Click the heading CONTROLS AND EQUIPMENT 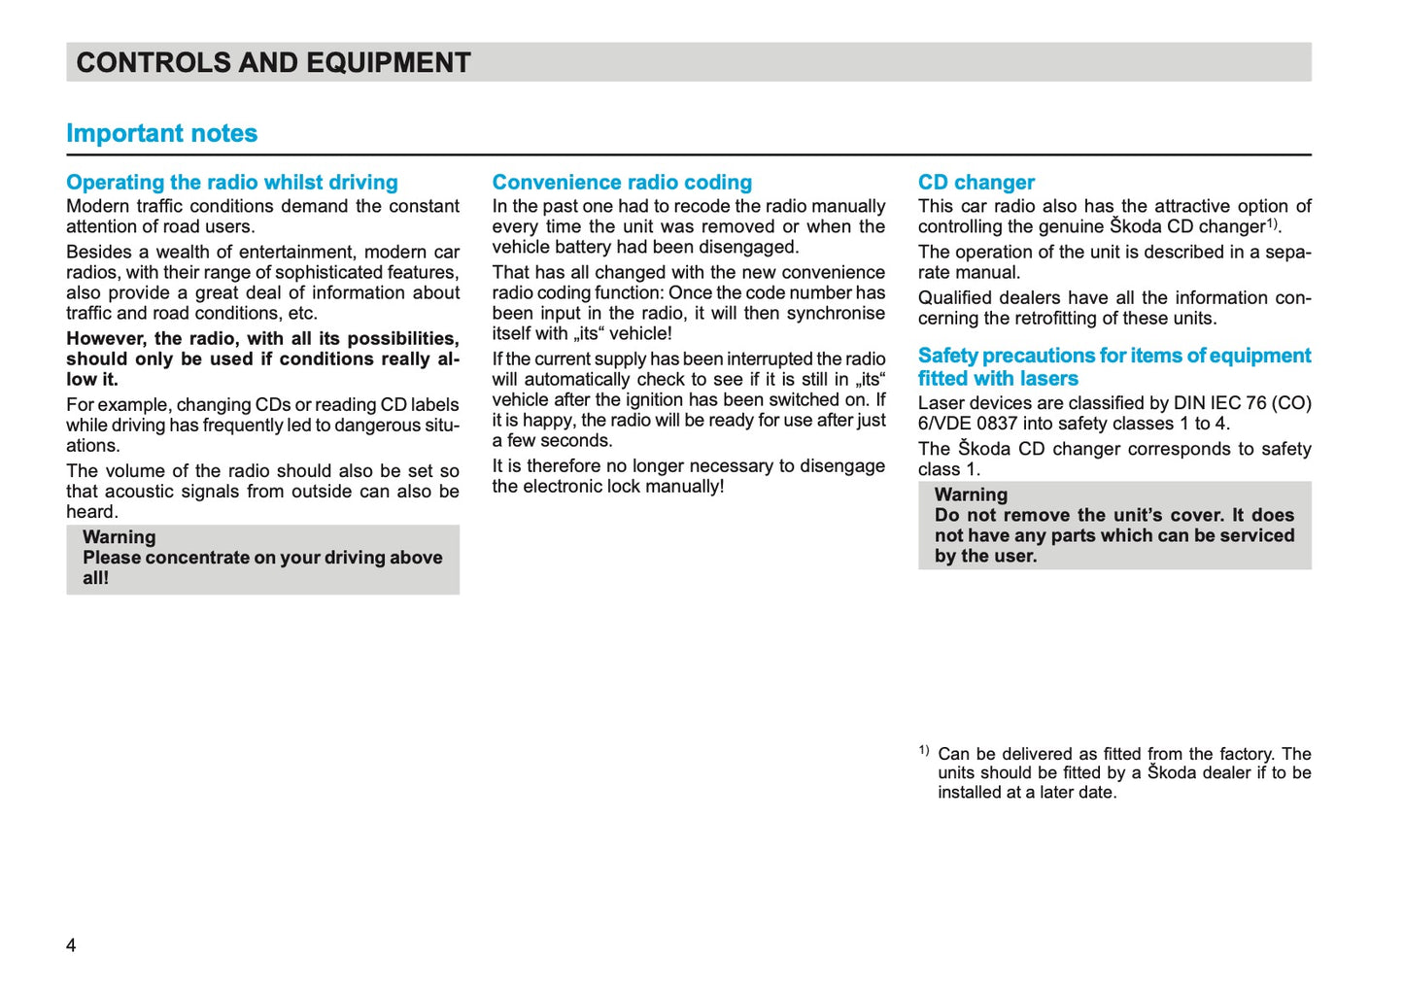[x=273, y=63]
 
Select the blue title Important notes [x=161, y=133]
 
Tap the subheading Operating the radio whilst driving [x=232, y=183]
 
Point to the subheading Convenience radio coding [x=622, y=183]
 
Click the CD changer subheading [x=976, y=183]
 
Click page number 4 [x=71, y=945]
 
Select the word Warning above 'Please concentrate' [x=119, y=537]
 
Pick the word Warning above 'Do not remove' [x=971, y=494]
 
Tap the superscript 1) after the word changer [x=1272, y=223]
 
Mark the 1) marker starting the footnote [x=924, y=750]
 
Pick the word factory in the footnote [x=1246, y=754]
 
